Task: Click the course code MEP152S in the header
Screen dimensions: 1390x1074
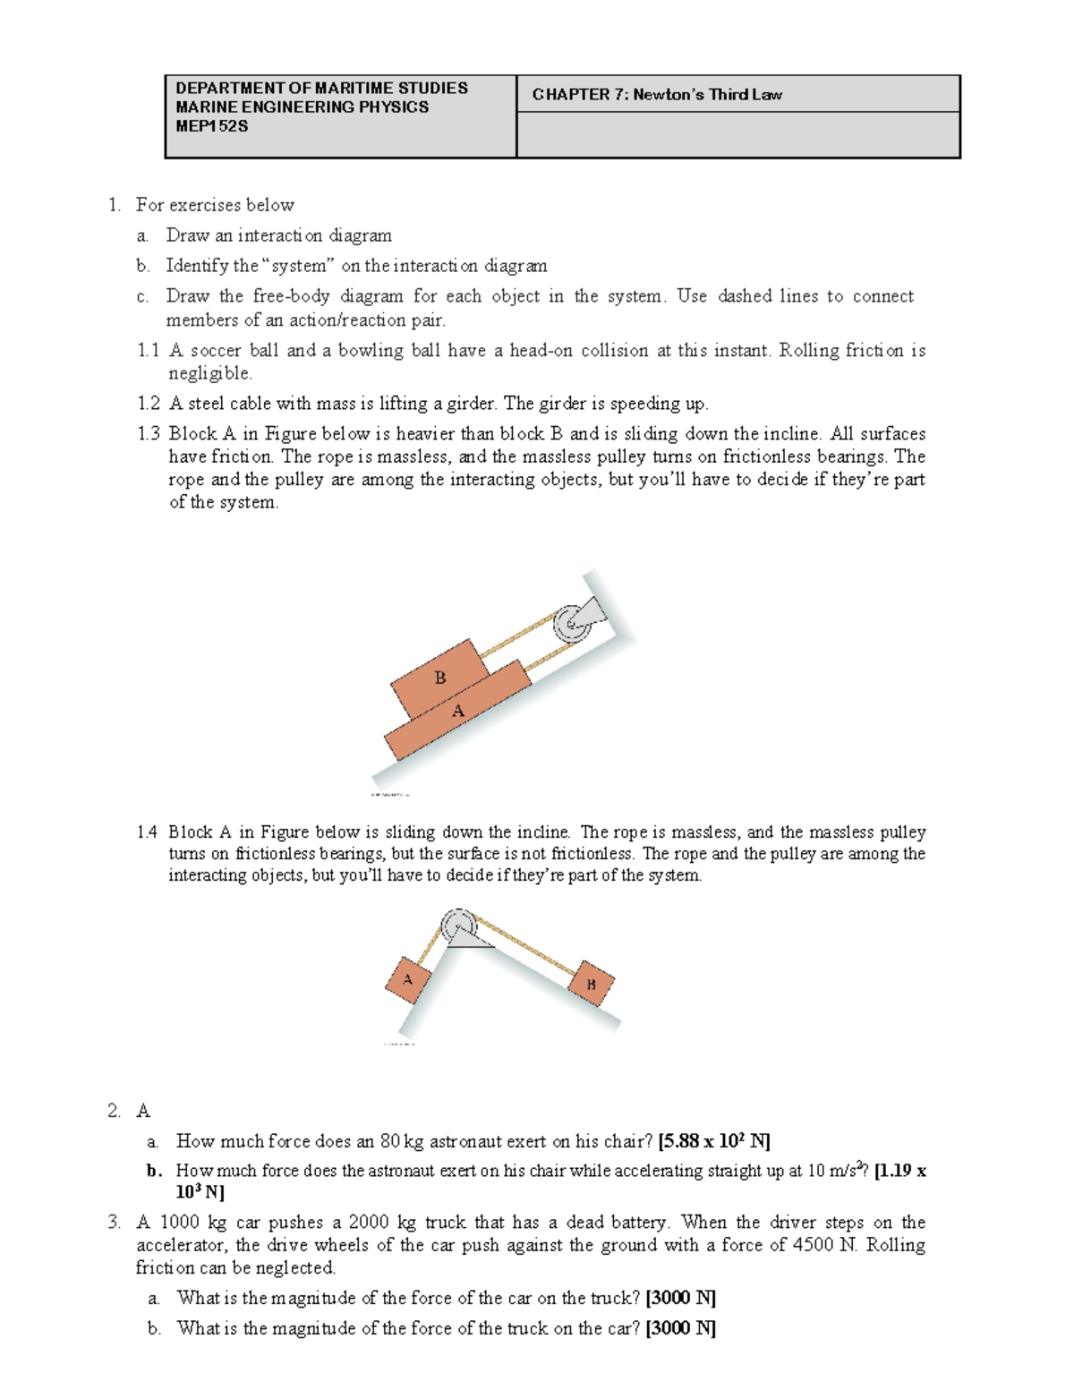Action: [212, 126]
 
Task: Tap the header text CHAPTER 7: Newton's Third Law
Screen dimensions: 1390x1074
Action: [657, 95]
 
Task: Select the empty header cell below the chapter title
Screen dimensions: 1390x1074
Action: [738, 135]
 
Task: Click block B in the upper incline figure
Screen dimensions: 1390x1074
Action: [439, 678]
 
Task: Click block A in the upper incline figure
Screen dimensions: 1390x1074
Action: [458, 712]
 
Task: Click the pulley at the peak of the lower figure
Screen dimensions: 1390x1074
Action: [458, 925]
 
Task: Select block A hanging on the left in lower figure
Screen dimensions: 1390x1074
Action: [408, 979]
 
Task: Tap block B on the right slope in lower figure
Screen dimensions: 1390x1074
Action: [591, 985]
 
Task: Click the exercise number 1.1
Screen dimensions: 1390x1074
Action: [149, 351]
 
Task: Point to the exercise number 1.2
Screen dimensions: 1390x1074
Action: [149, 404]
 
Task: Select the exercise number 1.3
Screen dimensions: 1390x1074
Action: [149, 434]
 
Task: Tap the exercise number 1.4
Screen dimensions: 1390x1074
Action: [148, 832]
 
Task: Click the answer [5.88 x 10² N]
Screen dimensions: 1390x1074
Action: [713, 1141]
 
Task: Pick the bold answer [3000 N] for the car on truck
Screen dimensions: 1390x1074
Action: [680, 1298]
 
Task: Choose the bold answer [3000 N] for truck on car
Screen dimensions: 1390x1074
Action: [680, 1328]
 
